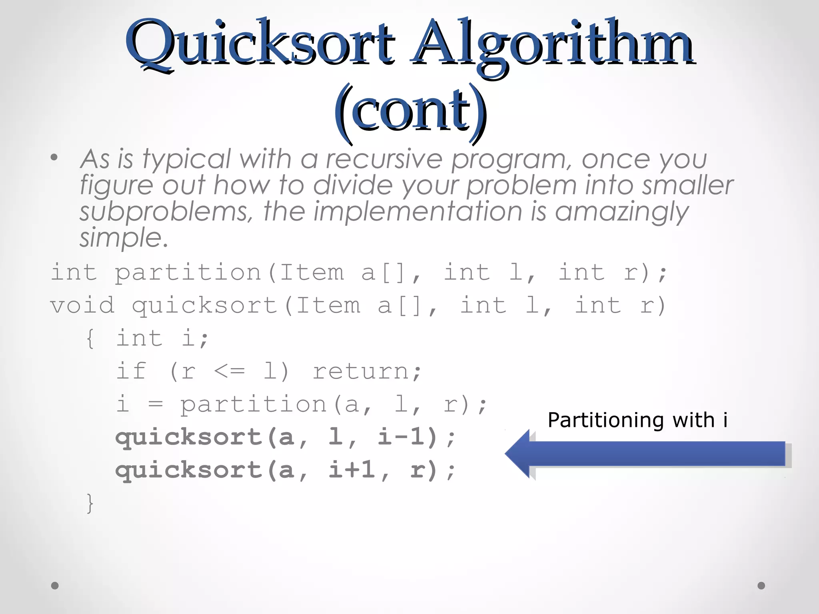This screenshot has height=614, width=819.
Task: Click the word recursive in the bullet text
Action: pos(384,159)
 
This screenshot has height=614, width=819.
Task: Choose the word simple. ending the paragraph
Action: pos(124,238)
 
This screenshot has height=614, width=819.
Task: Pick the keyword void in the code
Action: pos(82,305)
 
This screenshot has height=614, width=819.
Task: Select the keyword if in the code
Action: pos(132,371)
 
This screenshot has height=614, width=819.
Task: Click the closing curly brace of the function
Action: pos(90,503)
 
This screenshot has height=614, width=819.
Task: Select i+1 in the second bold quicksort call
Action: pos(352,469)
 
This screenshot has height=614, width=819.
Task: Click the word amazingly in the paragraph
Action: pos(621,212)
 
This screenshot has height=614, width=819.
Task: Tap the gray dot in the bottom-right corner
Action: pos(761,586)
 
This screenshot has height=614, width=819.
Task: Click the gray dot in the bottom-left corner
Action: pos(55,586)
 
